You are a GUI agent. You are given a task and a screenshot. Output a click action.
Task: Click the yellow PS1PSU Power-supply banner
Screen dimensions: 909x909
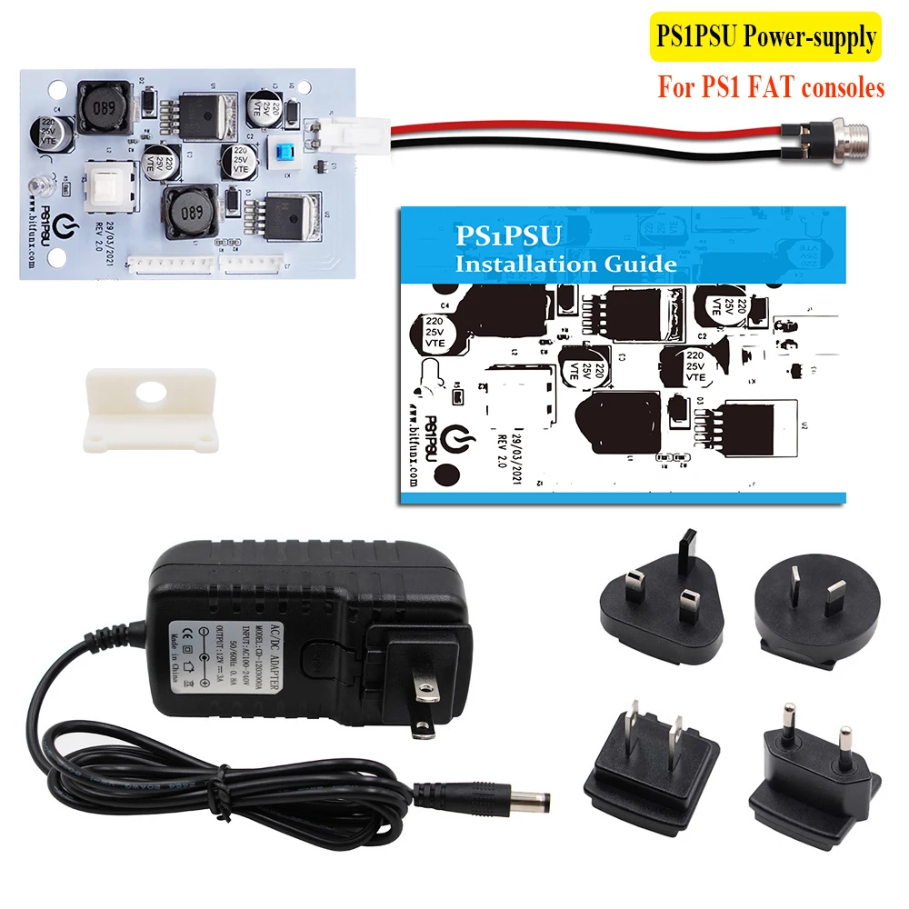[x=766, y=37]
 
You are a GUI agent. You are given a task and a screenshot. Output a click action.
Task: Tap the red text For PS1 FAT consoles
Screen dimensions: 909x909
[x=771, y=88]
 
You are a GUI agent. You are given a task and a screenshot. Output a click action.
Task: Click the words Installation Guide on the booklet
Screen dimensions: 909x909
[x=565, y=265]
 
